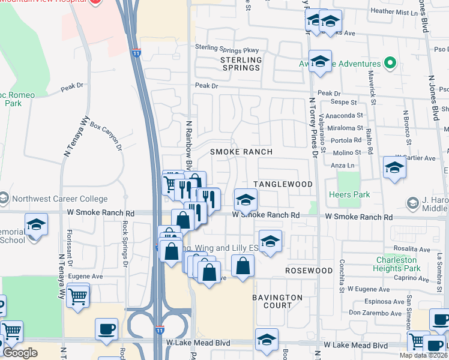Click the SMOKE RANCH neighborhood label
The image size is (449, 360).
(x=241, y=152)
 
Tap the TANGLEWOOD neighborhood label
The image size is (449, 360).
(x=283, y=184)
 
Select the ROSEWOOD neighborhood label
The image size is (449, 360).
(x=309, y=271)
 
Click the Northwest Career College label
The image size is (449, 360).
(x=58, y=199)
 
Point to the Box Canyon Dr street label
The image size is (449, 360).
(x=106, y=135)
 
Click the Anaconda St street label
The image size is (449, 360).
(x=344, y=115)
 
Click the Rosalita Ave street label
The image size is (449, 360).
(x=414, y=250)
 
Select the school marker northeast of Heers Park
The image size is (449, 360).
(x=394, y=168)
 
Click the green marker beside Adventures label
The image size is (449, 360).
(x=391, y=62)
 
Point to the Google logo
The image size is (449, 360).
(x=20, y=353)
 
